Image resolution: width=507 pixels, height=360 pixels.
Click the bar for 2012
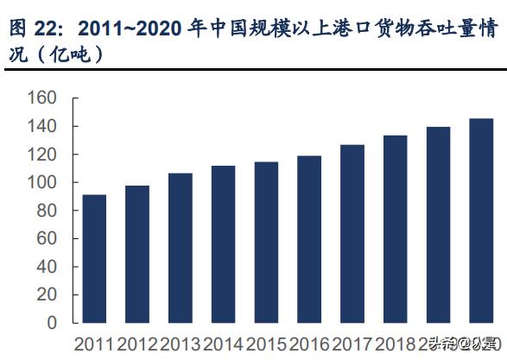[x=137, y=255]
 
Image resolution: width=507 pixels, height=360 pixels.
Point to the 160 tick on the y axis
[x=42, y=98]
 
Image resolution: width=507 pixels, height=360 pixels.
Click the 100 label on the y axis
[x=42, y=183]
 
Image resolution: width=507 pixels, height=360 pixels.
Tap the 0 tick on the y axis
[x=53, y=323]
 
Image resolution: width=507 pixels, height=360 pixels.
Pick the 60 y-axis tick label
[x=48, y=239]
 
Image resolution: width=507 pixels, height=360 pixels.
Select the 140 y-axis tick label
[x=42, y=127]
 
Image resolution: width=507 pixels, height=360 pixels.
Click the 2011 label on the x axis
[x=94, y=344]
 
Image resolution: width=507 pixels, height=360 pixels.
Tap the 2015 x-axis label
[x=266, y=344]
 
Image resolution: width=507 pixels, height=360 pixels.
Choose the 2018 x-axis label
[x=395, y=344]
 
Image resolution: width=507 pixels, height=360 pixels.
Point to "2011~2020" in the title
[x=130, y=28]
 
